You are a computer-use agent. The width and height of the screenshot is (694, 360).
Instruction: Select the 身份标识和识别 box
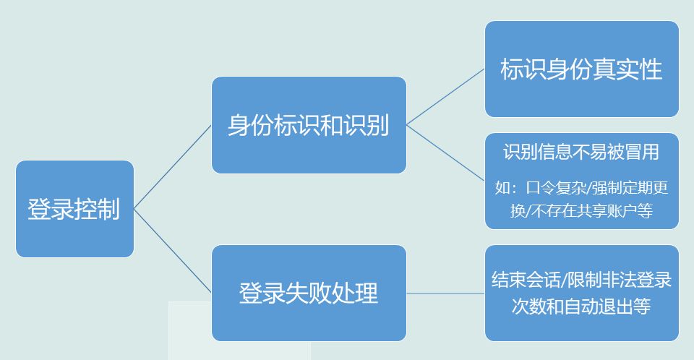point(309,124)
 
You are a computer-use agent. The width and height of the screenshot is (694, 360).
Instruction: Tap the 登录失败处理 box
point(309,293)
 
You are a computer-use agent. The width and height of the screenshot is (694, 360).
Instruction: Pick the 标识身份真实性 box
point(581,69)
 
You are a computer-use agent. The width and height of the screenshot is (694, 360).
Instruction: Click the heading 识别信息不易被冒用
point(581,153)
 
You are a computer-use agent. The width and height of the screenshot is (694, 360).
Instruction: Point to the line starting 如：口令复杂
point(581,189)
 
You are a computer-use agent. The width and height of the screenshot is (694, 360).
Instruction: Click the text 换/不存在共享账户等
point(581,211)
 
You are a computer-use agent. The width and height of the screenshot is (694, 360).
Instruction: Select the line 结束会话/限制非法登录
point(581,279)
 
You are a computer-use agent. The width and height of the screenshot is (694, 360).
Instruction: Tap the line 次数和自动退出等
point(581,306)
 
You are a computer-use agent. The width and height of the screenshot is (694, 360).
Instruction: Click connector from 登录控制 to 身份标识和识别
point(173,166)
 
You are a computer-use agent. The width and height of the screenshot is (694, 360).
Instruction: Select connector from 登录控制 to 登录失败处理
point(173,251)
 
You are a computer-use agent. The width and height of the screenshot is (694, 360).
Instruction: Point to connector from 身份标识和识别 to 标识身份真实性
point(445,97)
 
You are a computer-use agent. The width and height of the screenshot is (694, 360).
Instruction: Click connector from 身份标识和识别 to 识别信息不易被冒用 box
point(445,153)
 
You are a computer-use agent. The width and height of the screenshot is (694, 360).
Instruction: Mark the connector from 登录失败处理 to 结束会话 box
point(445,293)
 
